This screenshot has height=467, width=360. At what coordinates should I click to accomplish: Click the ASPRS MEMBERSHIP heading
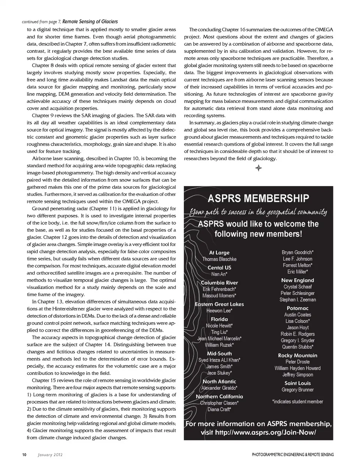(x=258, y=198)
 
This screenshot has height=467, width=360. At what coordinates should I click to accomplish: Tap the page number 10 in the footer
(x=24, y=455)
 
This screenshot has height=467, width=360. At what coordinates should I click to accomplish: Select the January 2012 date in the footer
(x=50, y=455)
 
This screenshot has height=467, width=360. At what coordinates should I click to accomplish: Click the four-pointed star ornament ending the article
(x=258, y=168)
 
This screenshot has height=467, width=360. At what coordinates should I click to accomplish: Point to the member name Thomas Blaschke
(x=219, y=259)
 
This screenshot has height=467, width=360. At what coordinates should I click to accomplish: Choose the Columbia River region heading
(x=219, y=283)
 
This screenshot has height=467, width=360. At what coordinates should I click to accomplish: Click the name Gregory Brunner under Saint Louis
(x=297, y=390)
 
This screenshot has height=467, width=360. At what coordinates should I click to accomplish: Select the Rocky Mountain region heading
(x=297, y=356)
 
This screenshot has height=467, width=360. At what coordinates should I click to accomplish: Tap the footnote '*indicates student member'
(x=297, y=402)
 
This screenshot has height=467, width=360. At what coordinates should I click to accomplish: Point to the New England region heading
(x=297, y=280)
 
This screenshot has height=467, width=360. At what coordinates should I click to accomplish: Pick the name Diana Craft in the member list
(x=219, y=410)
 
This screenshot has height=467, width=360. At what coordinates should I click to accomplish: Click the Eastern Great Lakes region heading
(x=219, y=304)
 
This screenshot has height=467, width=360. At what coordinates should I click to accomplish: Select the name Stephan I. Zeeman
(x=297, y=300)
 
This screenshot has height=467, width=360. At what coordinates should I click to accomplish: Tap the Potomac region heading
(x=297, y=308)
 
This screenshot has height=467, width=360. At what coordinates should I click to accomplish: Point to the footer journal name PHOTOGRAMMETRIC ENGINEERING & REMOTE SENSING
(x=292, y=455)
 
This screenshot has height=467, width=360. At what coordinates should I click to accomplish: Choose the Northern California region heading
(x=219, y=396)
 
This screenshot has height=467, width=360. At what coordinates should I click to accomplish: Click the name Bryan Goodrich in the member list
(x=297, y=252)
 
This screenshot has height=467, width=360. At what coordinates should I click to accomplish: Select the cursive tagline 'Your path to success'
(x=258, y=212)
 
